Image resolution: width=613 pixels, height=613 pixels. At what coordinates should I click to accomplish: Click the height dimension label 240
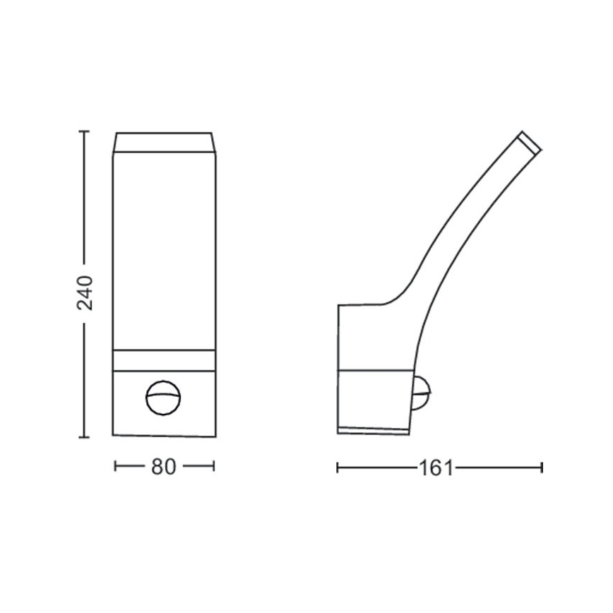(x=85, y=292)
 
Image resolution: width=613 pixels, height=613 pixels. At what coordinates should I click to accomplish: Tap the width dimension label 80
(x=163, y=467)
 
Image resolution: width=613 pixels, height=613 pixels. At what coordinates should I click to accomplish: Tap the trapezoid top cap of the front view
(x=163, y=142)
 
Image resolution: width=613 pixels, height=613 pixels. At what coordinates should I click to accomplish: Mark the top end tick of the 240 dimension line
(x=85, y=131)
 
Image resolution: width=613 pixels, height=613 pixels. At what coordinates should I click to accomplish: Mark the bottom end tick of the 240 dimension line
(x=85, y=438)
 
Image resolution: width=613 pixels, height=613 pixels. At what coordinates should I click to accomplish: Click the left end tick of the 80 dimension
(x=115, y=466)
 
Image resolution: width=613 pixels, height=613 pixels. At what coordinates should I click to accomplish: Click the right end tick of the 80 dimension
(x=213, y=466)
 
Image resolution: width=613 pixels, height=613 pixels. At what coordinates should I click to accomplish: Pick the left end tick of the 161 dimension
(x=338, y=467)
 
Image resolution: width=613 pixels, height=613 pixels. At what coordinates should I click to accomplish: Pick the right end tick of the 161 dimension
(x=541, y=467)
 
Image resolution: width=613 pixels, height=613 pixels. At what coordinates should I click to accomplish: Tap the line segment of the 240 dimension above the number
(x=85, y=198)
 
